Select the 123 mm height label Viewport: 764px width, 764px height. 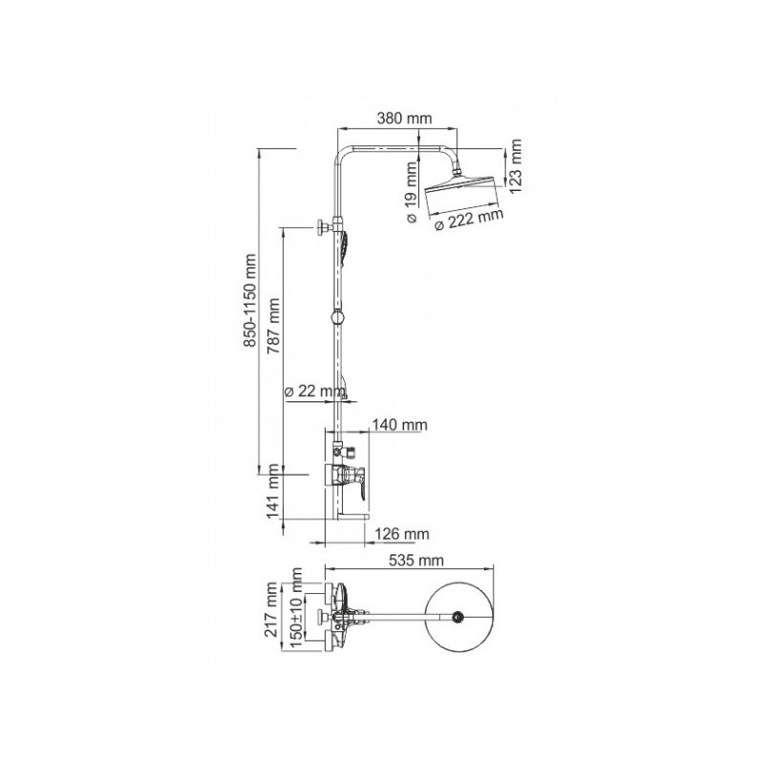(516, 168)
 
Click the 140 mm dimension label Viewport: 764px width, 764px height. (400, 424)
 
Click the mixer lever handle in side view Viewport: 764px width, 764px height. (359, 482)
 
